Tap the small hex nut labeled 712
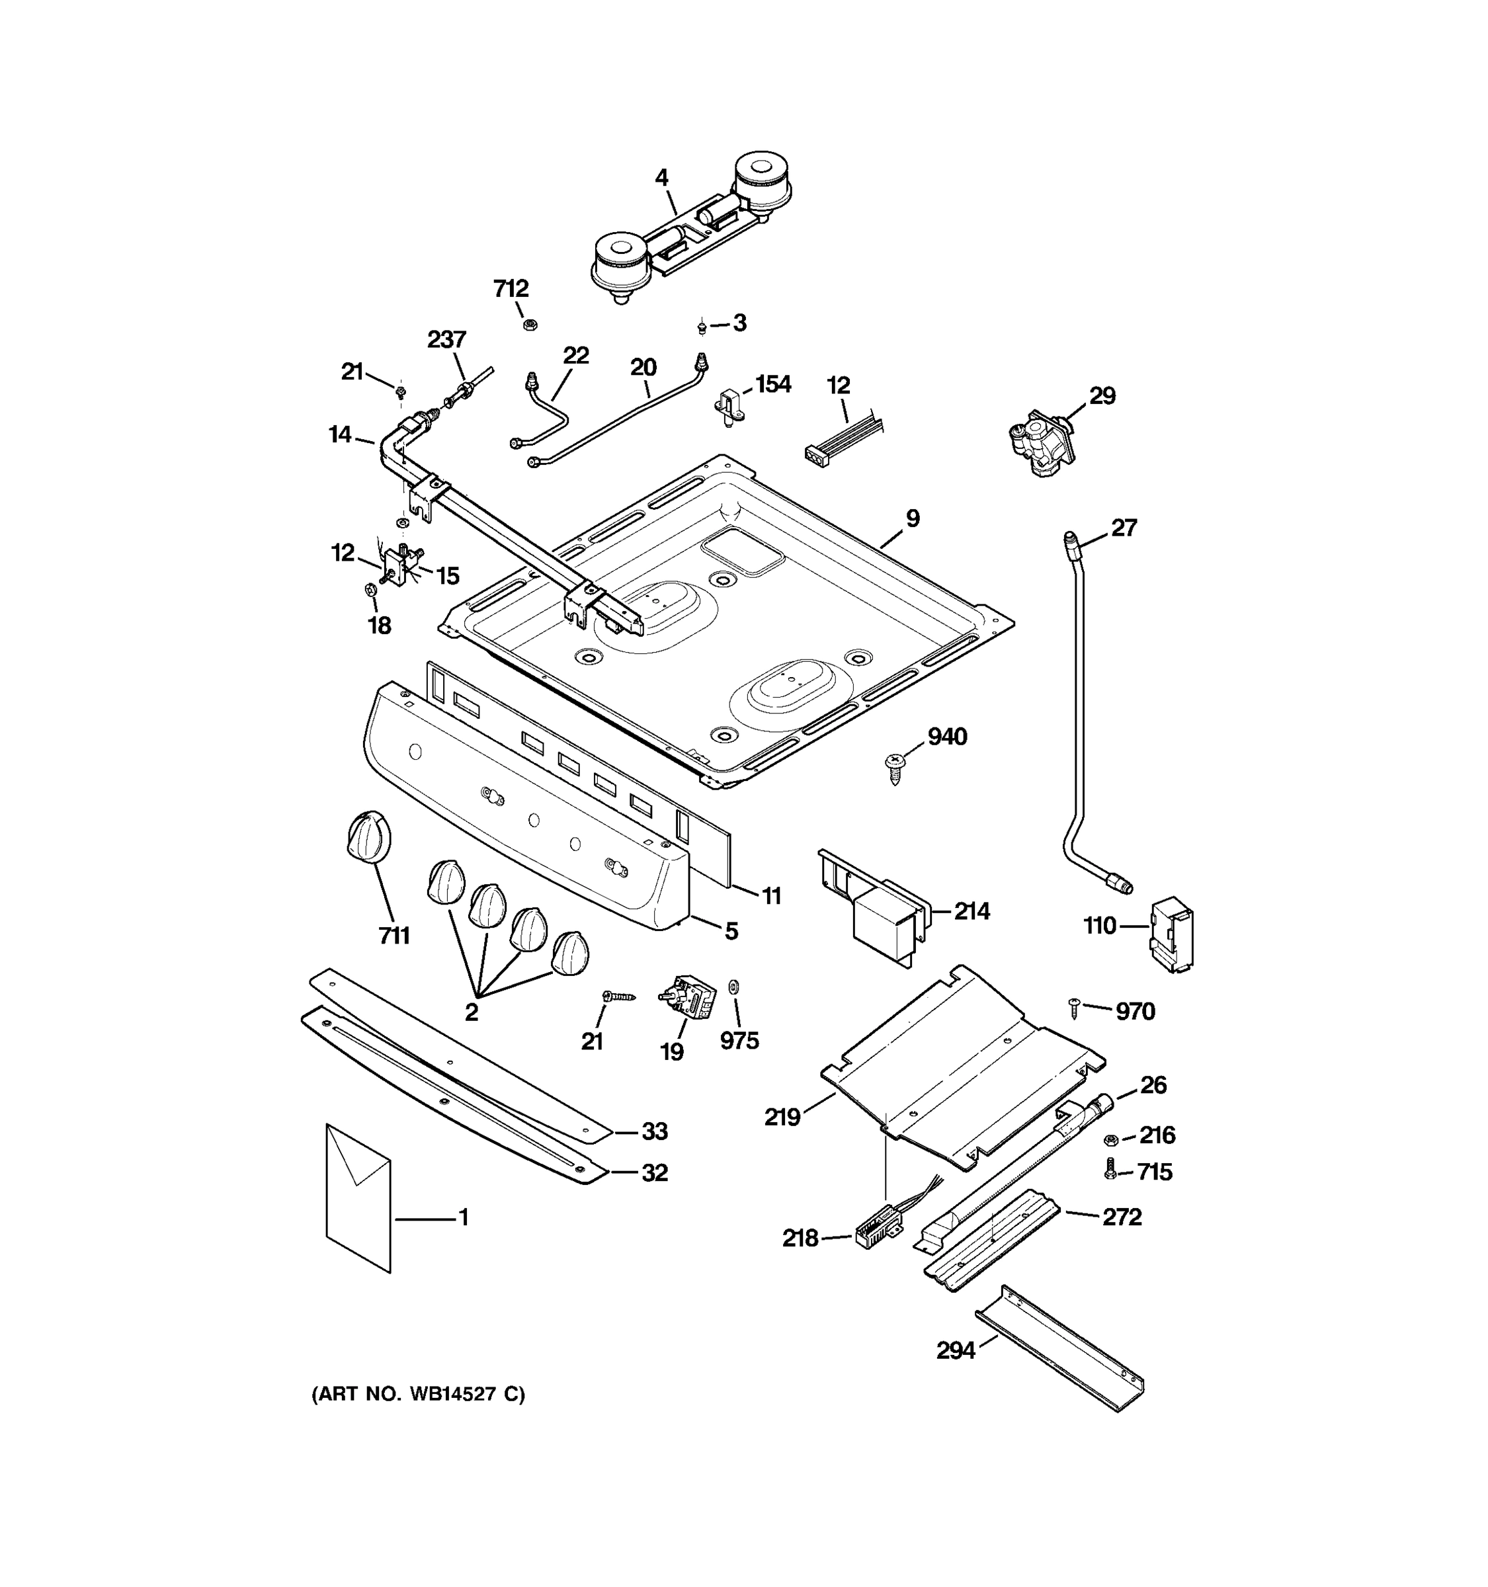(529, 324)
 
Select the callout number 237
(446, 339)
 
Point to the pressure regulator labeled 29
(1041, 442)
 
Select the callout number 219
(782, 1118)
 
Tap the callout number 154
(772, 384)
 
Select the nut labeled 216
(1110, 1139)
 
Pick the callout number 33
(655, 1131)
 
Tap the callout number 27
(1123, 528)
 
